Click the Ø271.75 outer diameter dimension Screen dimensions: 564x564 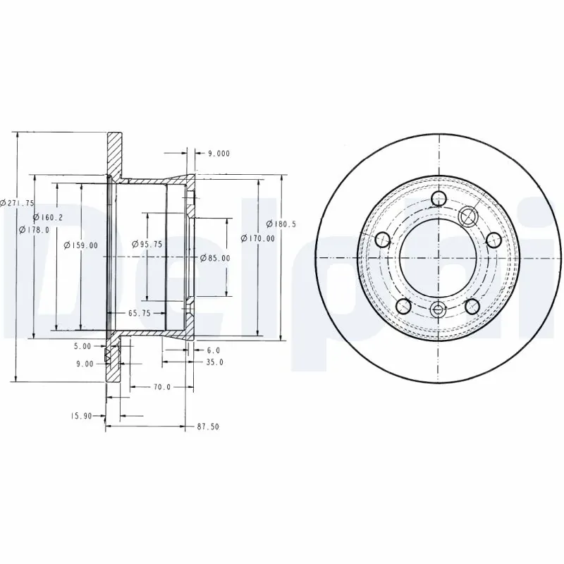tap(18, 202)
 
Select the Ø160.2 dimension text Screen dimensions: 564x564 tap(48, 217)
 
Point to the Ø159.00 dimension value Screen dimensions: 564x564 tap(80, 245)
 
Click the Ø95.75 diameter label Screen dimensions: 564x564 tap(147, 244)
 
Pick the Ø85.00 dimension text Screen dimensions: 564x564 tap(215, 258)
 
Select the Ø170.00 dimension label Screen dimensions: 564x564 tap(257, 238)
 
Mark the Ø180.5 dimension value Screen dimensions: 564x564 tap(282, 224)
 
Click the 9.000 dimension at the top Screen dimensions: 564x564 tap(216, 153)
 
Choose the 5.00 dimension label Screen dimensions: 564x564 tap(83, 346)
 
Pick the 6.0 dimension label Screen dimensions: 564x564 tap(214, 350)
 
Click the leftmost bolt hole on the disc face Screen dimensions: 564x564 tap(384, 240)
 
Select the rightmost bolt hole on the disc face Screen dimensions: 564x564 tap(493, 240)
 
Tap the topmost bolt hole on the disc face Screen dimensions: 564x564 tap(439, 198)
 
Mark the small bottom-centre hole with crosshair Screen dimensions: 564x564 tap(439, 309)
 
